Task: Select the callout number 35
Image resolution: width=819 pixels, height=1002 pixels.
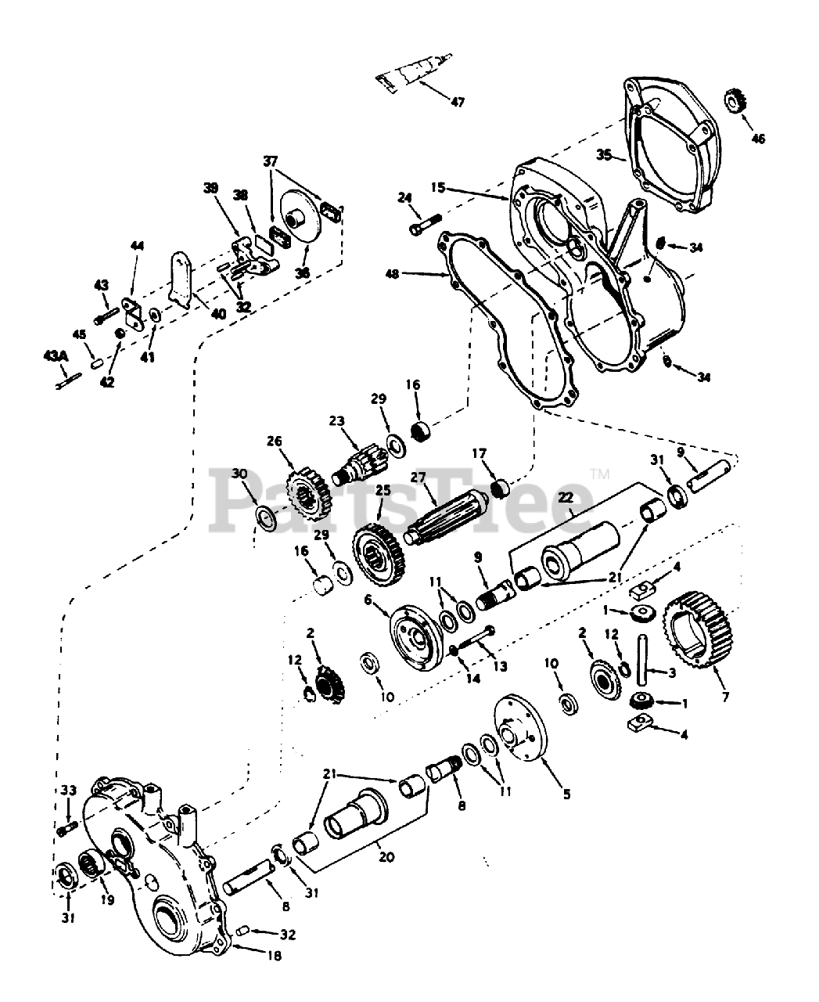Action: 604,155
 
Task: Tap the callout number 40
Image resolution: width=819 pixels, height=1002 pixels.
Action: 218,313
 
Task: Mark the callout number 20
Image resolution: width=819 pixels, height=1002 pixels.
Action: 385,857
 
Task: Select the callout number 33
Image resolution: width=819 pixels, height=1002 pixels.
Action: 68,791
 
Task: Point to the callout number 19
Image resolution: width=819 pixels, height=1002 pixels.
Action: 108,900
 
